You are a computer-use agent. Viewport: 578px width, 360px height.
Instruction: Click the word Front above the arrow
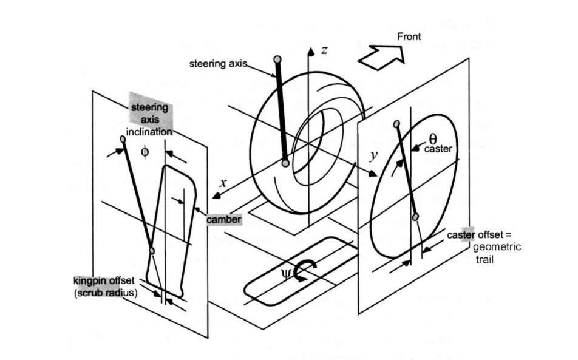pos(409,36)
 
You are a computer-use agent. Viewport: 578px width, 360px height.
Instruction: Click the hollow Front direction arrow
pos(381,57)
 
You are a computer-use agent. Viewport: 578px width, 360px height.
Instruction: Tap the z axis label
pos(324,49)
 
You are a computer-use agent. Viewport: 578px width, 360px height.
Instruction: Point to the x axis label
pos(222,183)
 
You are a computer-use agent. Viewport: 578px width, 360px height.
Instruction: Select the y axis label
pos(373,156)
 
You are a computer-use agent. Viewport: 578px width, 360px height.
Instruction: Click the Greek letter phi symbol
pos(145,152)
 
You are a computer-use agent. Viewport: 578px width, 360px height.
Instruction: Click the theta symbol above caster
pos(433,138)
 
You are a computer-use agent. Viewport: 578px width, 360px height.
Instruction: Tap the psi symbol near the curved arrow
pos(286,273)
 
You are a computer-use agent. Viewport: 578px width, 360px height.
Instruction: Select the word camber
pos(224,220)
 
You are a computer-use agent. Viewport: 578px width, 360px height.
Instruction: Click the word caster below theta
pos(438,149)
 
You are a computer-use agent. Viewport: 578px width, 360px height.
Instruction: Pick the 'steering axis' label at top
pos(218,64)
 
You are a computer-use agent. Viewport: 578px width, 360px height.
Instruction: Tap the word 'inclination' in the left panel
pos(149,132)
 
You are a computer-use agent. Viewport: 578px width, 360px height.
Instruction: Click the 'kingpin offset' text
pos(104,281)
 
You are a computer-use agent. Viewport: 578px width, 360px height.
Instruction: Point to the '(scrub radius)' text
pos(106,293)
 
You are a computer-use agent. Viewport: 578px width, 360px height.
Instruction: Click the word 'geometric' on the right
pos(497,247)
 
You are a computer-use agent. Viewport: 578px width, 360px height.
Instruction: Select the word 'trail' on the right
pos(484,259)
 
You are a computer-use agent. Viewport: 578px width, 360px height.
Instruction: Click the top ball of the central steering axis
pos(277,59)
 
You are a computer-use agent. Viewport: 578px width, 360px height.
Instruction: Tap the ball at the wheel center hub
pos(285,163)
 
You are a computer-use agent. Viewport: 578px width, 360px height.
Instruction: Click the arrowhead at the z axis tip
pos(311,52)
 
